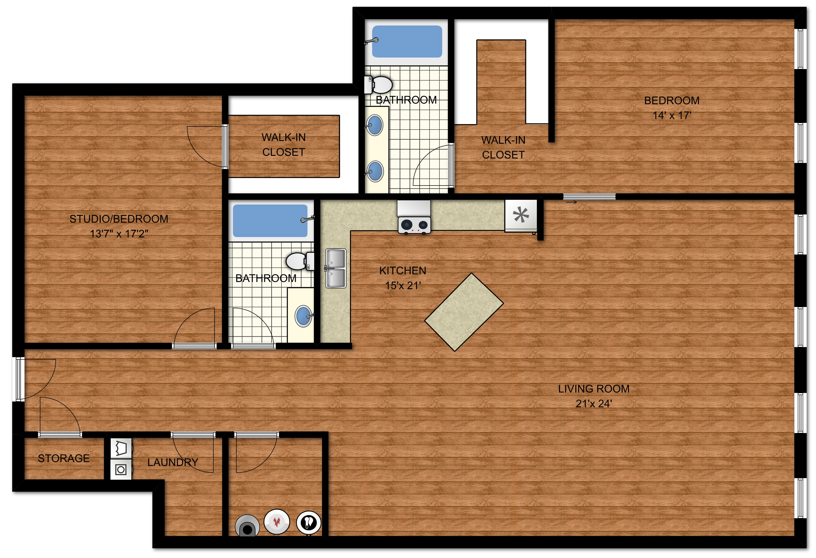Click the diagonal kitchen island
coord(464,312)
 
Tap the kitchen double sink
coord(336,269)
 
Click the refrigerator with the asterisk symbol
coord(521,215)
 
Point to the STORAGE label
coord(64,458)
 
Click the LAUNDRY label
coord(173,462)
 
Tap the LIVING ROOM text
coord(594,389)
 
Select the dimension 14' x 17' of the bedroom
coord(672,115)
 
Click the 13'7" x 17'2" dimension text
coord(119,234)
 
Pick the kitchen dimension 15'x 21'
coord(403,286)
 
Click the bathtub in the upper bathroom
coord(407,41)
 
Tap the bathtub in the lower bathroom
coord(270,221)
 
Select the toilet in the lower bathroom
coord(300,261)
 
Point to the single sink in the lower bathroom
coord(303,316)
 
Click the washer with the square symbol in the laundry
coord(121,469)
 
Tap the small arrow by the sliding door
coord(571,202)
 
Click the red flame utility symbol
coord(277,522)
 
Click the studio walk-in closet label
coord(284,144)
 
